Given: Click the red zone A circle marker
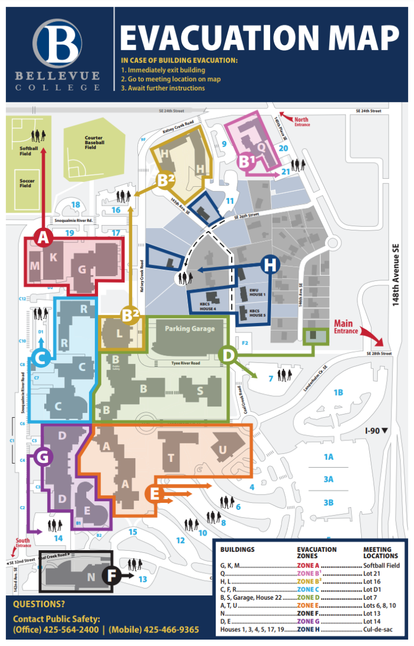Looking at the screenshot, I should coord(43,238).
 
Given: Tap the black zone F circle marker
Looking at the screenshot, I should coord(112,575).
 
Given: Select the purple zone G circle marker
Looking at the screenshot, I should coord(43,457).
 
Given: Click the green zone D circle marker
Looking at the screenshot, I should coord(229,355).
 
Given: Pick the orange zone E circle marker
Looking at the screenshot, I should coord(155,493).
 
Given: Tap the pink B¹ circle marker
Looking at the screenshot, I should coord(247,161).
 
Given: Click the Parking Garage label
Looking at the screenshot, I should coord(190,328).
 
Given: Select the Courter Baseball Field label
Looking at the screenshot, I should coord(93,142).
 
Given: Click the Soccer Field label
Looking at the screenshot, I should coord(26,183).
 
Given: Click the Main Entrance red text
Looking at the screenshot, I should coord(346,327).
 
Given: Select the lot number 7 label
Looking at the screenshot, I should coord(271,378).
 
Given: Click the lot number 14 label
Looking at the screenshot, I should coord(58,538).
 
